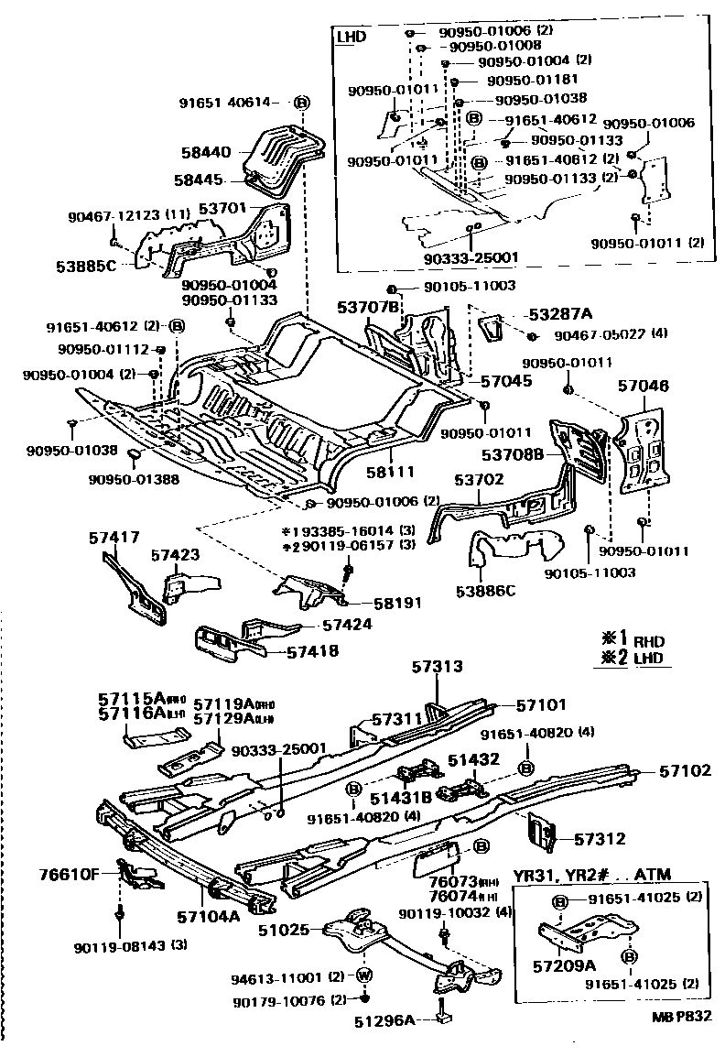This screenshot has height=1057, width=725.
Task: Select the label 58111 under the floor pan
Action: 392,472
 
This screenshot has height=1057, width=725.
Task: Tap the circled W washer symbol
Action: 362,975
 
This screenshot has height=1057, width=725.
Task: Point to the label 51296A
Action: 384,1019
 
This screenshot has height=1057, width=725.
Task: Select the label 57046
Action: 644,388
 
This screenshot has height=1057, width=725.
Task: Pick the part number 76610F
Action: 69,874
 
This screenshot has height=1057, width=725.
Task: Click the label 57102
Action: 685,771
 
